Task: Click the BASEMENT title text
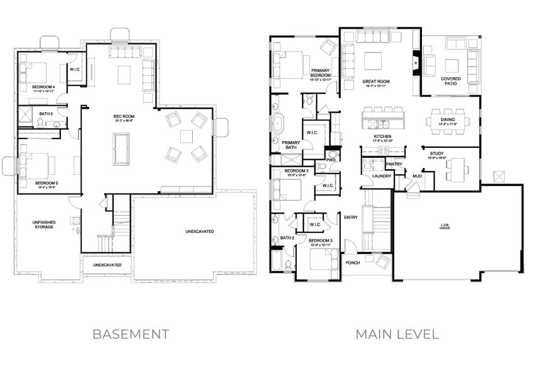click(x=131, y=333)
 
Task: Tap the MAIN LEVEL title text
click(x=397, y=333)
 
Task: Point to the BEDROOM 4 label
click(x=43, y=86)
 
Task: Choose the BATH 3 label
click(x=45, y=113)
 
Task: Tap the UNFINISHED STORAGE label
click(x=43, y=224)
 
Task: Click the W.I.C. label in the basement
click(x=74, y=70)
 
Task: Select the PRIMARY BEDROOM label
click(x=320, y=72)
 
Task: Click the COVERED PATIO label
click(x=451, y=81)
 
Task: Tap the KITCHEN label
click(x=383, y=136)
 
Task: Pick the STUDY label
click(x=436, y=154)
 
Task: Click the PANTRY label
click(x=394, y=164)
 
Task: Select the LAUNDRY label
click(x=382, y=176)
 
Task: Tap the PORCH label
click(x=353, y=263)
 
